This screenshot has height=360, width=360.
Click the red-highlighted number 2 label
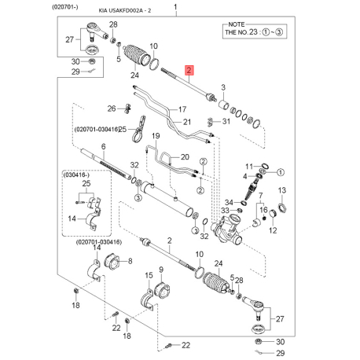click(189, 72)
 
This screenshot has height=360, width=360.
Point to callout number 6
click(103, 147)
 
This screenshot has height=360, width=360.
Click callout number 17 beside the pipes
click(183, 109)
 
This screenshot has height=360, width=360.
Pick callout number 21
click(187, 122)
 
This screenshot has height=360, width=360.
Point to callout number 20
click(186, 156)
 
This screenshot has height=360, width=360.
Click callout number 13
click(281, 190)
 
